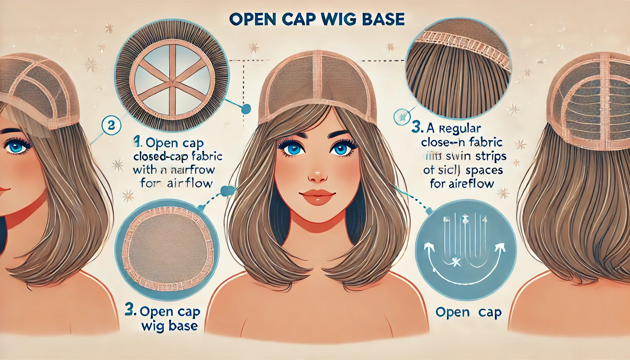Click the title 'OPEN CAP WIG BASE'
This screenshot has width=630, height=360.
[317, 19]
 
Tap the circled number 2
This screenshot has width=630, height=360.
[111, 125]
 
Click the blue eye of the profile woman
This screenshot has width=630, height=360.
[16, 147]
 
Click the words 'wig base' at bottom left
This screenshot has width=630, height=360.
[169, 326]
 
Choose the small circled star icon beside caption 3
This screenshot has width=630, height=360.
[402, 116]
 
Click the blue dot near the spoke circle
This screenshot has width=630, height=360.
[246, 109]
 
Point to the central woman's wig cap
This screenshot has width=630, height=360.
[317, 84]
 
